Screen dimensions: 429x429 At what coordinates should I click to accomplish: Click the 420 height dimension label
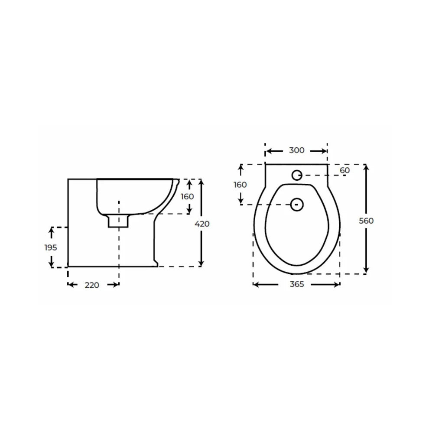pyautogui.click(x=202, y=224)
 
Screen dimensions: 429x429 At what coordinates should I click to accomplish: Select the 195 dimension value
pyautogui.click(x=51, y=247)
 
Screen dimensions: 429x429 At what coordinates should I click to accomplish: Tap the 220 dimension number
pyautogui.click(x=92, y=285)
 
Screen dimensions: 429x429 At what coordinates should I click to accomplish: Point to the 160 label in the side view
pyautogui.click(x=187, y=196)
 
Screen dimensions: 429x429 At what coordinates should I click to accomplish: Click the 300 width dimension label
pyautogui.click(x=297, y=150)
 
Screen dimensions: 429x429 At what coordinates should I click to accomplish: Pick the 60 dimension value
pyautogui.click(x=345, y=170)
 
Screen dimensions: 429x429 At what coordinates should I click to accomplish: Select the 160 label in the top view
pyautogui.click(x=240, y=185)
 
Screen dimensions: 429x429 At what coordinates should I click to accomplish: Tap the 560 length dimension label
pyautogui.click(x=366, y=221)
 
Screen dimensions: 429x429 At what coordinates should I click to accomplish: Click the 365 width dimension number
pyautogui.click(x=297, y=284)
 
